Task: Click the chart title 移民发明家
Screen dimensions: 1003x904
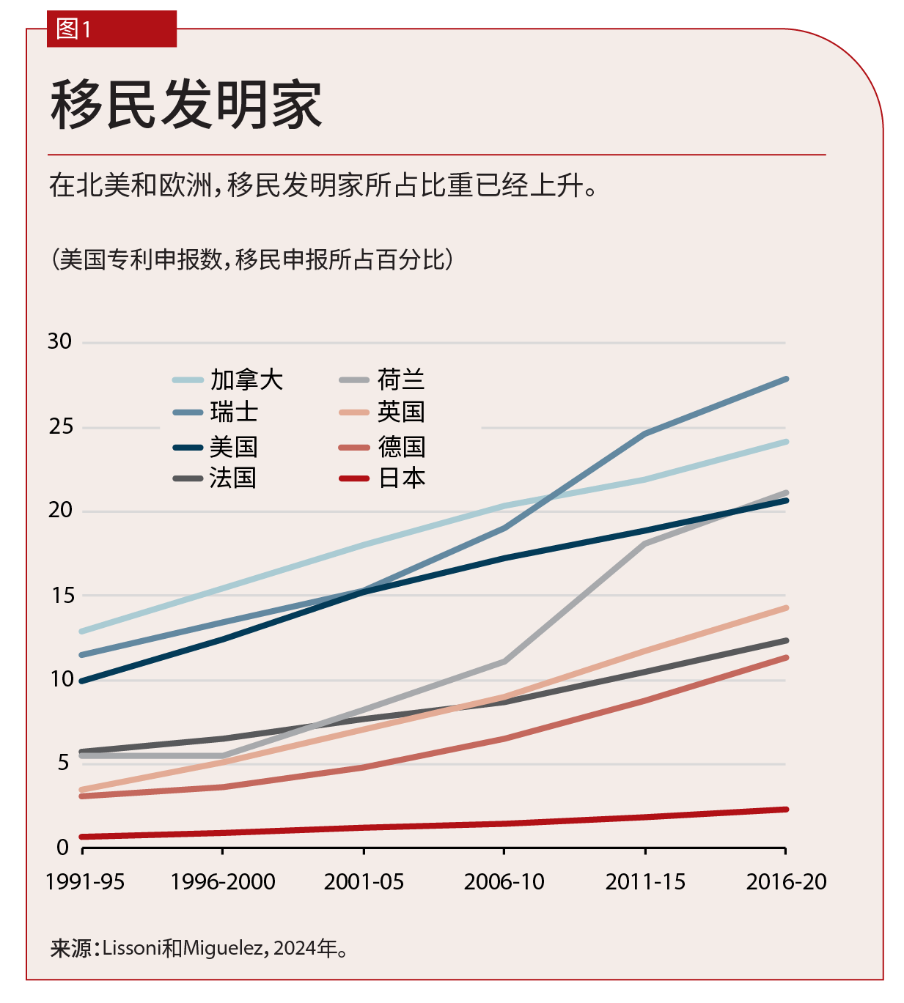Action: pos(186,105)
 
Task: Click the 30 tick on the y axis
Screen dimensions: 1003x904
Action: pos(60,341)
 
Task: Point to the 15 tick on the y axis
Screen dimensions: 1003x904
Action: pos(62,596)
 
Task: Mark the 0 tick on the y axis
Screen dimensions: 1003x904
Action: pos(63,848)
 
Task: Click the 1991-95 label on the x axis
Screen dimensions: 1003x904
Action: pos(85,881)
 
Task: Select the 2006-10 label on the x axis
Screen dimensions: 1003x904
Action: pos(504,881)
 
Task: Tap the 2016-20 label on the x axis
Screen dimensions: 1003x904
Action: pos(786,881)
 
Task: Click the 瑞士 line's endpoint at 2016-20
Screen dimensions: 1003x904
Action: pos(785,380)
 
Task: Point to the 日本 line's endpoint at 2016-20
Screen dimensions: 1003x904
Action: pos(785,810)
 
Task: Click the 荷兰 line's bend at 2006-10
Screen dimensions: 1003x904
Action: pos(504,662)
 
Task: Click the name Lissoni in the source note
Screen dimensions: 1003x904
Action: pos(132,948)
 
